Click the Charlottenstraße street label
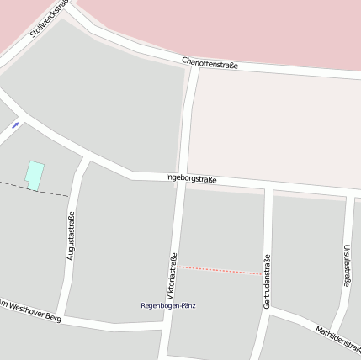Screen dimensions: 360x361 [x=210, y=64]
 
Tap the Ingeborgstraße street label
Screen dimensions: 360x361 [x=191, y=178]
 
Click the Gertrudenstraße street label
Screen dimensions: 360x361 [x=267, y=281]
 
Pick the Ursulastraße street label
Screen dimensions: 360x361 [x=346, y=266]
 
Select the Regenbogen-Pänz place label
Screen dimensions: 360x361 [x=167, y=305]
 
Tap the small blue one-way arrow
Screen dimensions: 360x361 [x=15, y=125]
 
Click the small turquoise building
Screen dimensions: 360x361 [x=34, y=175]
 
